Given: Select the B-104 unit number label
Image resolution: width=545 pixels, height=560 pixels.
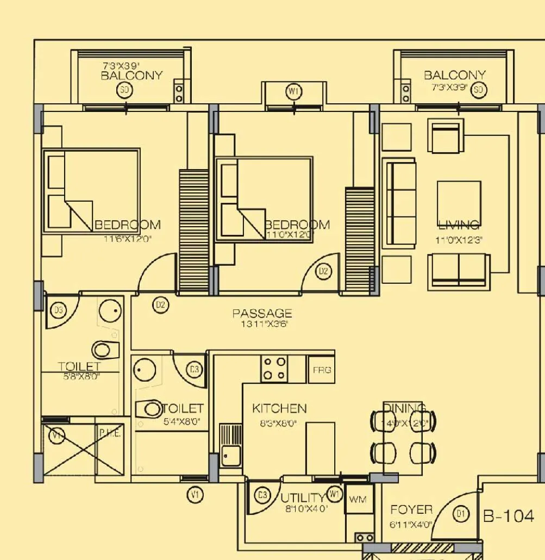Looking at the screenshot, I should pyautogui.click(x=509, y=516).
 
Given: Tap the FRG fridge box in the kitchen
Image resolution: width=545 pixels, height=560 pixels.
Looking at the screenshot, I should pyautogui.click(x=321, y=370).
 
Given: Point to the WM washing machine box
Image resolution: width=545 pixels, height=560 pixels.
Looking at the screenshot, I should pyautogui.click(x=358, y=499).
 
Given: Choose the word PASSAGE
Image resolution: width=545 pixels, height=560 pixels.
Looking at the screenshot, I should pyautogui.click(x=262, y=314).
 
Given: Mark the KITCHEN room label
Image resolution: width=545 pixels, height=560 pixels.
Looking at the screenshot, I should pyautogui.click(x=279, y=408).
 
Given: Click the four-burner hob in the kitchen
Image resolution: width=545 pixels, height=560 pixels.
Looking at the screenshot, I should pyautogui.click(x=274, y=368).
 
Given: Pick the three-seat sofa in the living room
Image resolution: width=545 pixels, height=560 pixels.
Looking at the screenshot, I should pyautogui.click(x=399, y=203).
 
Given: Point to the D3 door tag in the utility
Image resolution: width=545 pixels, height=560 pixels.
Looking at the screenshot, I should pyautogui.click(x=262, y=495).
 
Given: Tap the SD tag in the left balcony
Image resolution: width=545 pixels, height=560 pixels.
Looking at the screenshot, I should pyautogui.click(x=124, y=90).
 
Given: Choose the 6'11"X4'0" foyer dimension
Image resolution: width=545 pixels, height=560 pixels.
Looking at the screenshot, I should pyautogui.click(x=411, y=525).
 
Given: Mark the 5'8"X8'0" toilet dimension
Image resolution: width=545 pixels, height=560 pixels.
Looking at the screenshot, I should pyautogui.click(x=79, y=376).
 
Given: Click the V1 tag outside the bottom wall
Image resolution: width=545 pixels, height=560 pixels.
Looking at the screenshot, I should pyautogui.click(x=195, y=495).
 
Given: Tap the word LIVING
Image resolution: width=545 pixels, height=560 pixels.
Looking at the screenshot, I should pyautogui.click(x=459, y=225).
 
